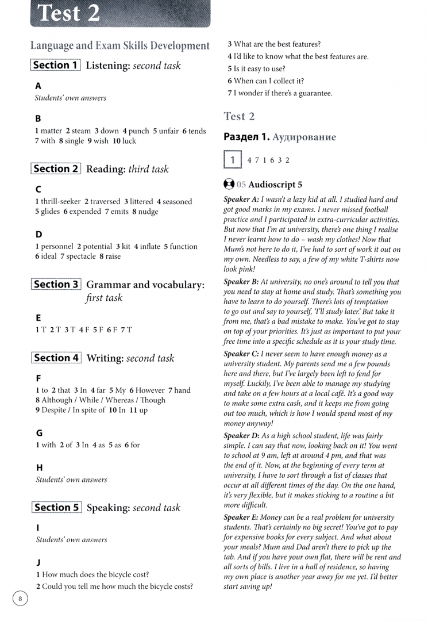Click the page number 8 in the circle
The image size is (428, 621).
(20, 599)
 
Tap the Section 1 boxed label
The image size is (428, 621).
(55, 66)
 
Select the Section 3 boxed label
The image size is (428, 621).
(56, 285)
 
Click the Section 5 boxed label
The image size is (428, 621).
(56, 507)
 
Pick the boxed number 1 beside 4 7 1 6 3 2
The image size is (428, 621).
(233, 160)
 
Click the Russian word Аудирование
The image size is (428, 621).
(304, 137)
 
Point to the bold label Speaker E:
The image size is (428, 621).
(242, 517)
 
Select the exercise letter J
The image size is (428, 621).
(38, 562)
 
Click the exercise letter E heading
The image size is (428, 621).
(38, 317)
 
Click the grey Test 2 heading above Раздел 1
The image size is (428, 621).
(238, 116)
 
